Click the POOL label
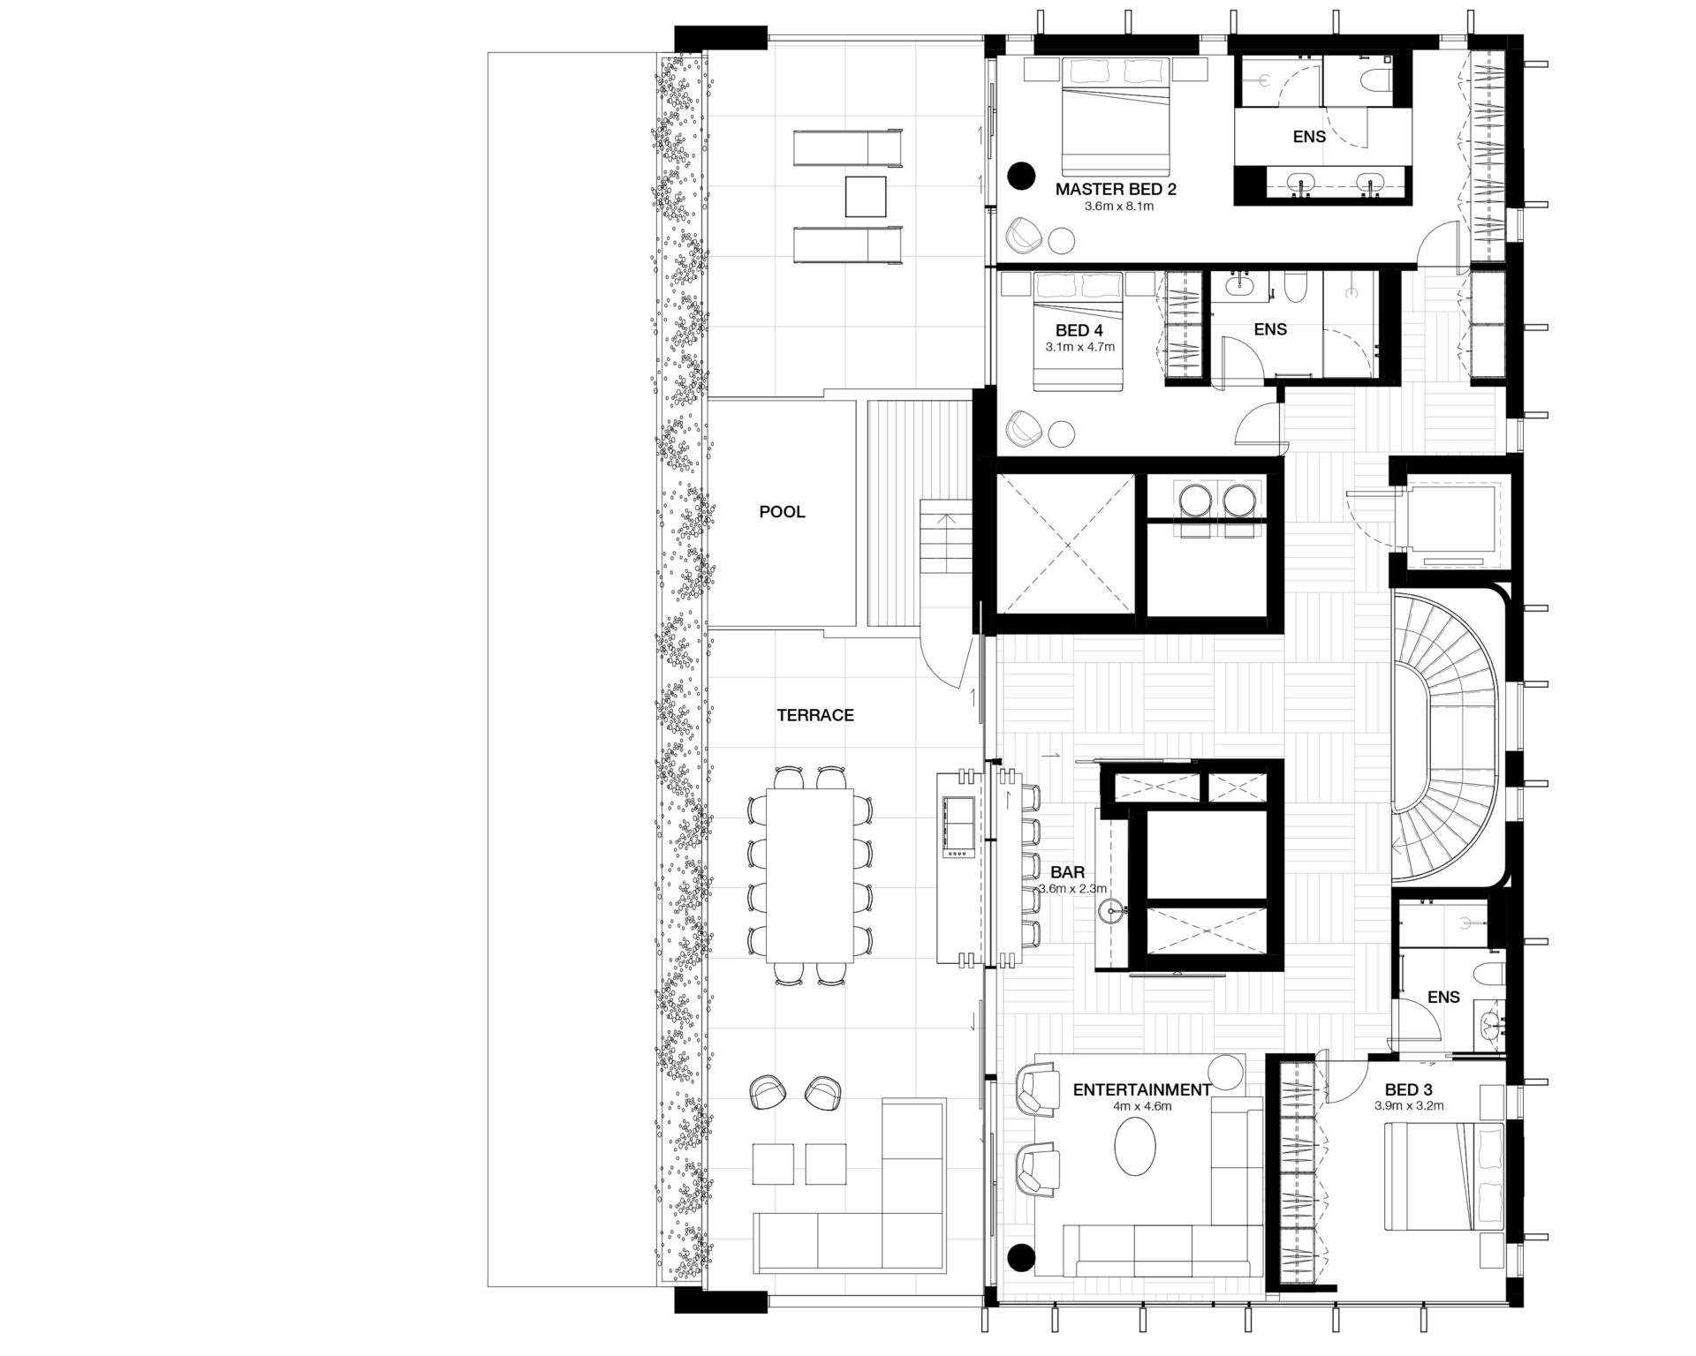point(782,512)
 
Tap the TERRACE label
point(815,715)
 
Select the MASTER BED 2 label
point(1116,189)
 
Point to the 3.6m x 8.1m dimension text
point(1119,207)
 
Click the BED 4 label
point(1079,330)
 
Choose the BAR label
point(1067,873)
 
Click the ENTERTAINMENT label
point(1142,1090)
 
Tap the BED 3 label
point(1409,1090)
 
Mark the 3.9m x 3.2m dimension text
point(1409,1105)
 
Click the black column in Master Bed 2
point(1023,176)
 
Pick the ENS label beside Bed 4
point(1270,329)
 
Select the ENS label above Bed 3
point(1444,998)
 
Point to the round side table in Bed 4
point(1064,433)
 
